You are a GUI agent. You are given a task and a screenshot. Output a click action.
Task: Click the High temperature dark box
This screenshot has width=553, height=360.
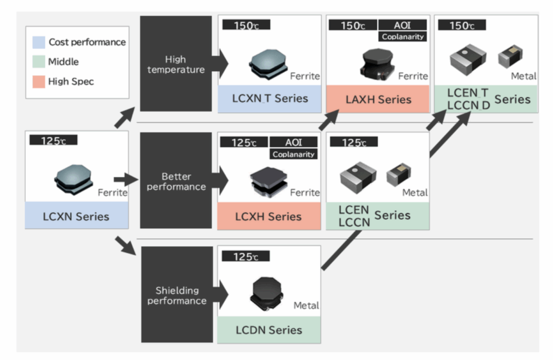pyautogui.click(x=176, y=63)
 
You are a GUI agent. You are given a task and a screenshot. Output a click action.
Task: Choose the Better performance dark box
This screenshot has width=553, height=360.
pyautogui.click(x=176, y=181)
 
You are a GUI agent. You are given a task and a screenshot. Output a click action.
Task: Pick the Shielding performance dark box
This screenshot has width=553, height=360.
pyautogui.click(x=176, y=295)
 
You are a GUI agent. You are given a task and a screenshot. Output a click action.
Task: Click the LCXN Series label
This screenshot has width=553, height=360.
pyautogui.click(x=76, y=217)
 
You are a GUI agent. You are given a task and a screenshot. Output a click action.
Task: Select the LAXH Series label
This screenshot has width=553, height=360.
pyautogui.click(x=378, y=99)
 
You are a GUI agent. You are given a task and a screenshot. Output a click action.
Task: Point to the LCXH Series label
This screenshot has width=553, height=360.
pyautogui.click(x=269, y=217)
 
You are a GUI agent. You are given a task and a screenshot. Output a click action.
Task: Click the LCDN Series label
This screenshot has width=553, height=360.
pyautogui.click(x=269, y=329)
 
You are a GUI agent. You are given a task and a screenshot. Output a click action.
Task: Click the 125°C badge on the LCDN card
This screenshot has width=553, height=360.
pyautogui.click(x=245, y=256)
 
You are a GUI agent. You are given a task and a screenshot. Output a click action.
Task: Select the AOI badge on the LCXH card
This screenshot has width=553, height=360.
pyautogui.click(x=293, y=143)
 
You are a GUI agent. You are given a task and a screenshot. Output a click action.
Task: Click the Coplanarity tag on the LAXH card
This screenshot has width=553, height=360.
pyautogui.click(x=402, y=37)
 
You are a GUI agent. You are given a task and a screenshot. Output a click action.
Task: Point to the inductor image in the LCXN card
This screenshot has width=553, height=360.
pyautogui.click(x=74, y=179)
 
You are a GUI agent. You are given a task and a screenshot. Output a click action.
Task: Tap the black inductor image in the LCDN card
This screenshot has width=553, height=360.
pyautogui.click(x=266, y=294)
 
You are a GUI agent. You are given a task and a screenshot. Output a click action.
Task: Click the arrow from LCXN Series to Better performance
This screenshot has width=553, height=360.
pyautogui.click(x=126, y=179)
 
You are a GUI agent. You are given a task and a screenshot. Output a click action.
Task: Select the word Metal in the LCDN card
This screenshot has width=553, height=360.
pyautogui.click(x=306, y=305)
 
